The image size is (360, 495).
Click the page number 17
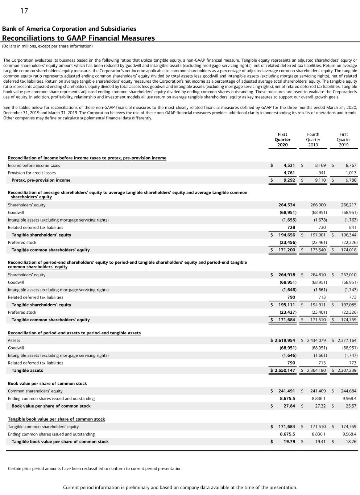[24, 11]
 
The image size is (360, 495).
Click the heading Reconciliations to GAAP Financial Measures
[78, 38]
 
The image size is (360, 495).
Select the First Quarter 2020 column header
[282, 140]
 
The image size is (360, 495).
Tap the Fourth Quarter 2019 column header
[313, 140]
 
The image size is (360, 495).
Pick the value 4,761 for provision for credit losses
[289, 173]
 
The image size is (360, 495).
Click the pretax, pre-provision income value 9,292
[289, 180]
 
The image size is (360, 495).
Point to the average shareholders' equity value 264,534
[286, 205]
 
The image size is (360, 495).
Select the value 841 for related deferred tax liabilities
[352, 228]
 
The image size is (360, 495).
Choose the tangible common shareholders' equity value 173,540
[318, 250]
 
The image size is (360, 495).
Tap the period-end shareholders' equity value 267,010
[348, 275]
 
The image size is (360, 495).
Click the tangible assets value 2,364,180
[316, 371]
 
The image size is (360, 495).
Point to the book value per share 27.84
[289, 406]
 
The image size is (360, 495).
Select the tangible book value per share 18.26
[351, 442]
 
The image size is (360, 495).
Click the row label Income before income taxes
[34, 166]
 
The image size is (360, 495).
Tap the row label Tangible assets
[27, 371]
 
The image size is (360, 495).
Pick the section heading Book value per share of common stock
[47, 384]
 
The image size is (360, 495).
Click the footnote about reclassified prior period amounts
[95, 469]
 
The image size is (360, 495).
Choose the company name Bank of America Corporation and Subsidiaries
[69, 29]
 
